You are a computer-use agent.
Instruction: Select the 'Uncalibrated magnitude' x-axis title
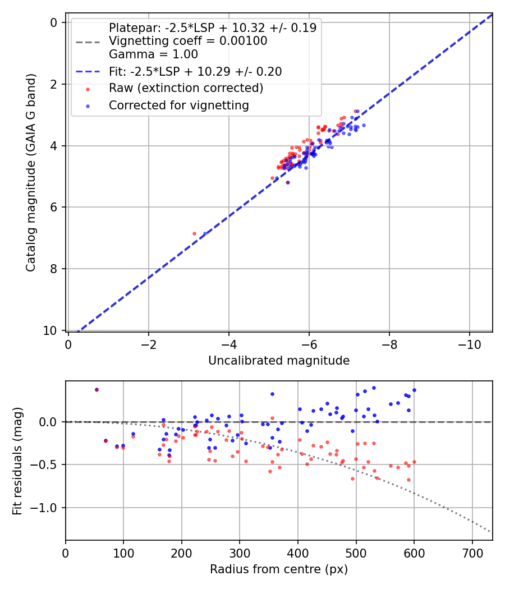click(x=279, y=361)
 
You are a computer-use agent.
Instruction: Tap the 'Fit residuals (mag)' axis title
click(x=17, y=460)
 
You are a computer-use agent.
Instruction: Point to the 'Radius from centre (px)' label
click(x=279, y=569)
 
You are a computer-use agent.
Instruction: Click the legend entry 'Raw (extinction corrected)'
click(x=186, y=88)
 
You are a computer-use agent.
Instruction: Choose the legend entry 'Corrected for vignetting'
click(x=178, y=105)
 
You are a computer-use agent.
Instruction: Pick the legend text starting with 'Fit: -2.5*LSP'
click(x=195, y=72)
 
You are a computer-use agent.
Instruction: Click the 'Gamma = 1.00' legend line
click(x=153, y=55)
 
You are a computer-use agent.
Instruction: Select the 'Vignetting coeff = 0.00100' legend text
click(x=188, y=41)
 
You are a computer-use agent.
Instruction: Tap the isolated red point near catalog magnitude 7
click(x=194, y=233)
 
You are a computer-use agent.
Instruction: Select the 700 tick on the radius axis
click(x=472, y=553)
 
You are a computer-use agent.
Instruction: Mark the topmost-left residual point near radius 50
click(x=97, y=389)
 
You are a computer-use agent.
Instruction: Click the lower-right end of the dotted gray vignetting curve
click(x=490, y=531)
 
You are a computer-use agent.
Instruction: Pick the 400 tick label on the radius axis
click(x=297, y=553)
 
